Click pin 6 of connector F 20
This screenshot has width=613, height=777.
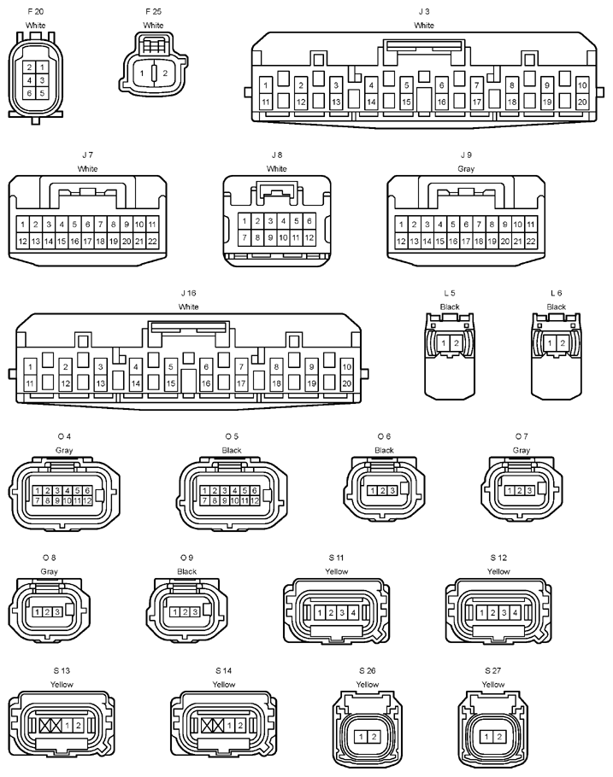tap(29, 93)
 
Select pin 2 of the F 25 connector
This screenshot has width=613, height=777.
tap(165, 73)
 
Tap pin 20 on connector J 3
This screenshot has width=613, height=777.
tap(582, 102)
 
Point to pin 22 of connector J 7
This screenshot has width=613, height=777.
tap(152, 242)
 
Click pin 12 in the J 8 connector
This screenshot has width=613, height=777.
tap(309, 237)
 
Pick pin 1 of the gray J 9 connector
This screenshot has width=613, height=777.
tap(401, 224)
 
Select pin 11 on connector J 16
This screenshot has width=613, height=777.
tap(30, 383)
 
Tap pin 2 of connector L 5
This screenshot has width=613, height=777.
tap(457, 343)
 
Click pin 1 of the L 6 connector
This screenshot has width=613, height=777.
tap(550, 343)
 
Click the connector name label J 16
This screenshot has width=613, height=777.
tap(188, 293)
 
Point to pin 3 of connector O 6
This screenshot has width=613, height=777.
tap(392, 491)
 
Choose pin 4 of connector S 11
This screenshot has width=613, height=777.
tap(353, 613)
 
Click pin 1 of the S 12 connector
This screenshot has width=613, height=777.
tap(481, 613)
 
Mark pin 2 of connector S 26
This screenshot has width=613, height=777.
tap(374, 737)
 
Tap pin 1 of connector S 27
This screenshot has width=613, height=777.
tap(486, 737)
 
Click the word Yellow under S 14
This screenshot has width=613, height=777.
tap(224, 684)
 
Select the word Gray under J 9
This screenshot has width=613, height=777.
tap(466, 169)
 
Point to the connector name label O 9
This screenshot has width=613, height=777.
tap(186, 558)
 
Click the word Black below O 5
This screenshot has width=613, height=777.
tap(232, 450)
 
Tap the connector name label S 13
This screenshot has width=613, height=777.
tap(62, 670)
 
